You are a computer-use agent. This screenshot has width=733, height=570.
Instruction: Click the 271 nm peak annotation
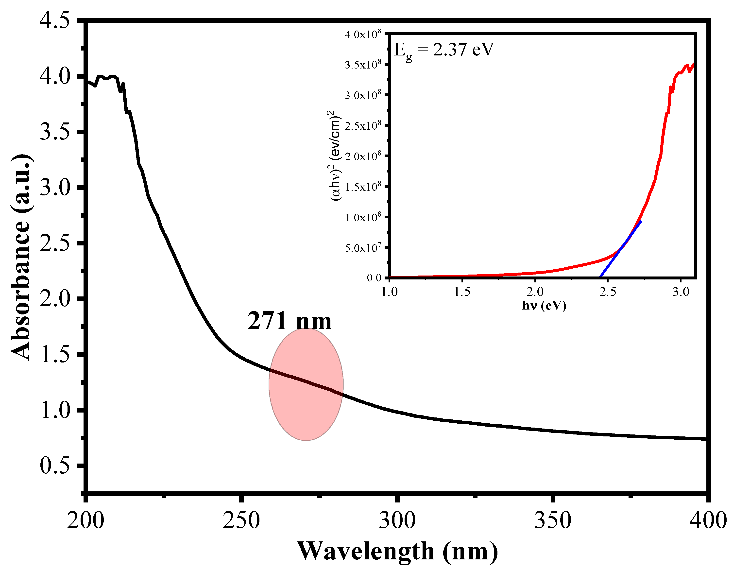(x=289, y=321)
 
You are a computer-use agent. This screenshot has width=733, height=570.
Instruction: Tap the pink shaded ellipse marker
(x=306, y=384)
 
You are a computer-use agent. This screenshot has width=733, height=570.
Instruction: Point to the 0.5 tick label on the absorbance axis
(x=55, y=466)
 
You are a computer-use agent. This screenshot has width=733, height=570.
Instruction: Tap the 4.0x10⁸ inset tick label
(x=363, y=34)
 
